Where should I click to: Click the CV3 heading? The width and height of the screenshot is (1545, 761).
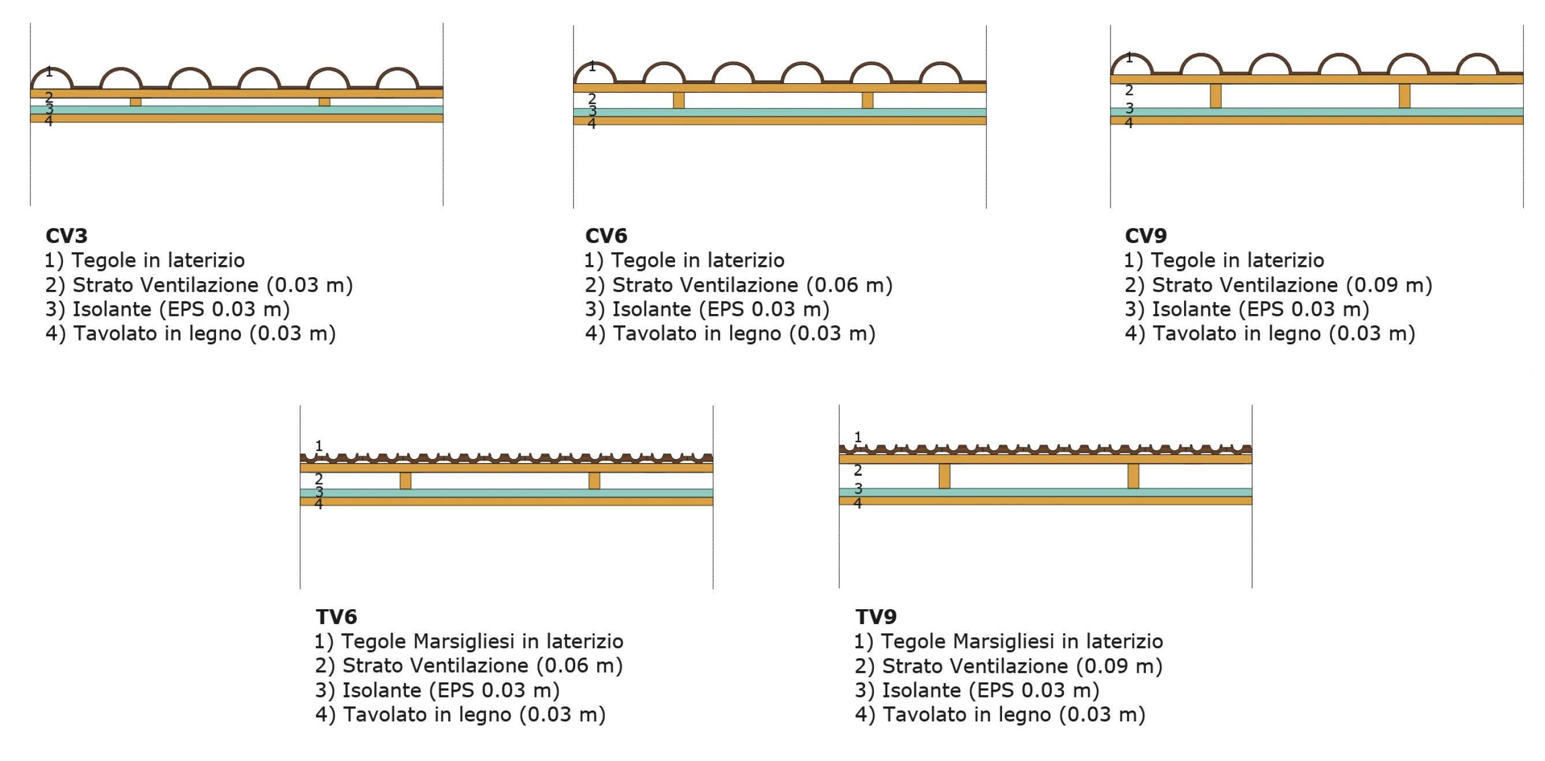point(66,236)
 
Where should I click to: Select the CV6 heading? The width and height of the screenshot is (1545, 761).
point(606,236)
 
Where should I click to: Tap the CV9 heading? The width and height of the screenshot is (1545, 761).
point(1145,236)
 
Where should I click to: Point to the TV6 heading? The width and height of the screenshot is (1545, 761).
point(336,617)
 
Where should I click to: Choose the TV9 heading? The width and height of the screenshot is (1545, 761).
point(876,617)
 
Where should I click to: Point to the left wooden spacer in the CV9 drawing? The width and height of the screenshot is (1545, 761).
point(1215,96)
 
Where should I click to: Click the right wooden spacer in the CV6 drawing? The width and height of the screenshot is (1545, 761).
point(868,100)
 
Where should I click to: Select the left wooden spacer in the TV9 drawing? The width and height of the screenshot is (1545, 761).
point(945,476)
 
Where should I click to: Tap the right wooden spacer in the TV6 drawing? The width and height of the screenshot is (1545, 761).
point(594,481)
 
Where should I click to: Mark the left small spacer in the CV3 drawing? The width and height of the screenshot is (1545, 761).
point(136,102)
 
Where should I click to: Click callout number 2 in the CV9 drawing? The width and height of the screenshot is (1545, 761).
point(1129,91)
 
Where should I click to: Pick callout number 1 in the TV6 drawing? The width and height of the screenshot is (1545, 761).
point(319,446)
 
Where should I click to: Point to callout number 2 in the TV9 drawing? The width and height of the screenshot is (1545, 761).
point(858,470)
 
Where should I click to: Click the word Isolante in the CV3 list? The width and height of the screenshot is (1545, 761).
point(111,309)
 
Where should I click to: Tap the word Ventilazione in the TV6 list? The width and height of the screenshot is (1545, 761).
point(435,666)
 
